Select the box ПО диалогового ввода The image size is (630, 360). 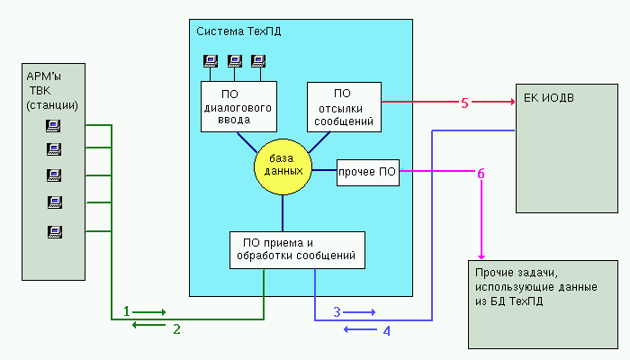[238, 107]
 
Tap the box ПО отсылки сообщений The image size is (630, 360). [342, 107]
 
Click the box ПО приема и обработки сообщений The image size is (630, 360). [297, 249]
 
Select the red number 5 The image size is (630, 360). [464, 103]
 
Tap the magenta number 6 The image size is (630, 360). [481, 171]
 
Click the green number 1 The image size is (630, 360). [127, 310]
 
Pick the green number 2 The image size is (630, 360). [177, 329]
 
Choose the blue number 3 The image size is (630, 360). [337, 311]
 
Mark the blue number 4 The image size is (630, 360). [387, 331]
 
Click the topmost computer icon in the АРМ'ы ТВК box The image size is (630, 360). [53, 126]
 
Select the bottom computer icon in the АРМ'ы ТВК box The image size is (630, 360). [53, 232]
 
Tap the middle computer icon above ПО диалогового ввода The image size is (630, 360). [235, 61]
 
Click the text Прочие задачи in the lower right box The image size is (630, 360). [510, 273]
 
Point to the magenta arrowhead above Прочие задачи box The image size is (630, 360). [481, 256]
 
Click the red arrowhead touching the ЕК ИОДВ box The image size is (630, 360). [508, 102]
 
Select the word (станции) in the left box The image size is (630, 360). [52, 105]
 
